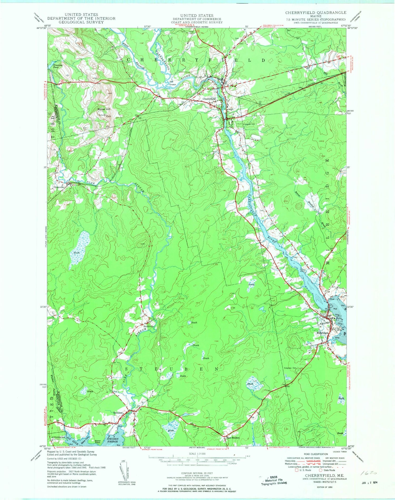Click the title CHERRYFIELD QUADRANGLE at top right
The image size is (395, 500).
pyautogui.click(x=316, y=13)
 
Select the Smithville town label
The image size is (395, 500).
pyautogui.click(x=148, y=326)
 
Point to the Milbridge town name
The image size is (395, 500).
pyautogui.click(x=322, y=333)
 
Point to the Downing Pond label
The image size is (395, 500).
pyautogui.click(x=58, y=66)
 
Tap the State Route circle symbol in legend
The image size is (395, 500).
pyautogui.click(x=320, y=470)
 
